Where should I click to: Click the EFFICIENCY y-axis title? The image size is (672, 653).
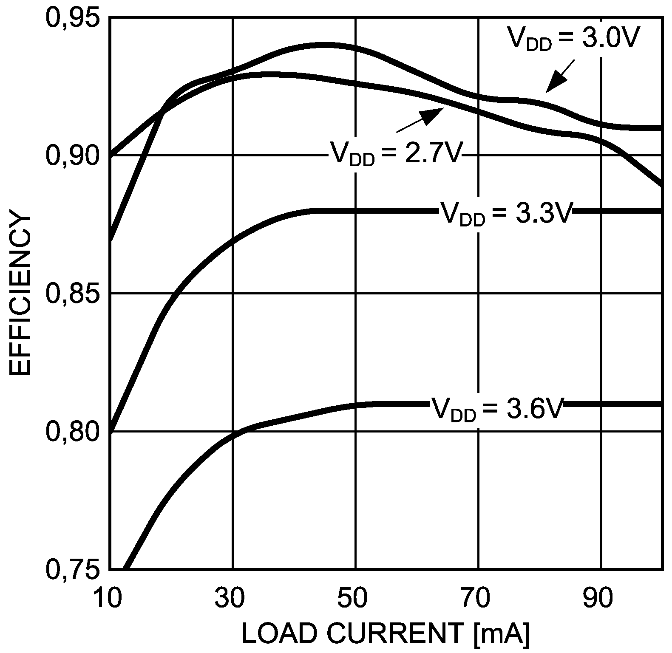point(20,295)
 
